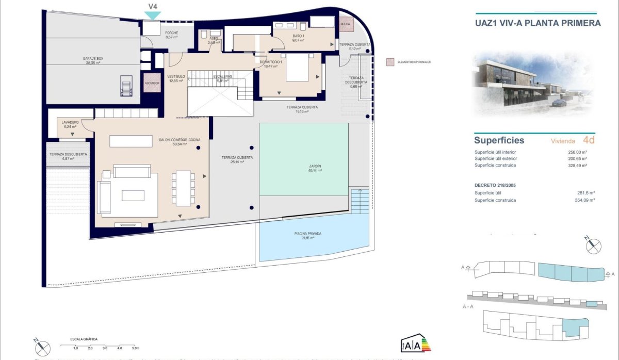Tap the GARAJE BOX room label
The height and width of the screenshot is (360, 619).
point(93,59)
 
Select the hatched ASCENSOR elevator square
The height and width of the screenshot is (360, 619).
point(152,83)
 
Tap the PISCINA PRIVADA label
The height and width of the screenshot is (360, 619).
point(308,234)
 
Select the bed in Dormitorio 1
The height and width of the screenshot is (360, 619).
point(297,70)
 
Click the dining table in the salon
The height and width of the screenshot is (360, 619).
point(183,188)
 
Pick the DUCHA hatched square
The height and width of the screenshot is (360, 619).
point(344,23)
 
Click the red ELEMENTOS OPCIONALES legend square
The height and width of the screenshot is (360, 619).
point(390,62)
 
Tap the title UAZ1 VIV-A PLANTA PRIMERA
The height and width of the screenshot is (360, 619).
point(537,23)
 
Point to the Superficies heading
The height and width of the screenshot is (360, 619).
point(499,140)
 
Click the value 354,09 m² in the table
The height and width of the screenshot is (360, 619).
point(584,200)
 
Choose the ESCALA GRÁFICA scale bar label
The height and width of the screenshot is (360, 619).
point(84,339)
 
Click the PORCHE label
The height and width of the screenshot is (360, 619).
point(171,33)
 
